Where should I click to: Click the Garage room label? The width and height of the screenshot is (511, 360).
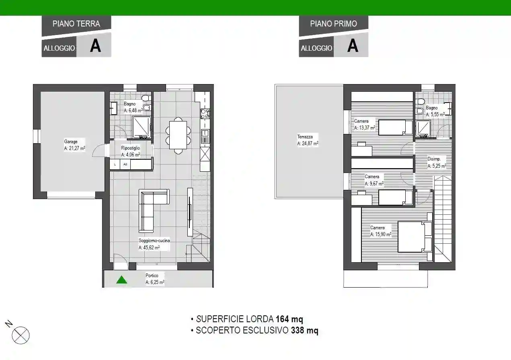point(74,145)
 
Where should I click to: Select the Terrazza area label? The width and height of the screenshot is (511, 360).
point(308,140)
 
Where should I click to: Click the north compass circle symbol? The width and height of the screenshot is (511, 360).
point(21,335)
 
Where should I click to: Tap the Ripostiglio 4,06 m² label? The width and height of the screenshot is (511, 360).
point(131,151)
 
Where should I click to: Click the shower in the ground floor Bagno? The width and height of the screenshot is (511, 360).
point(142,127)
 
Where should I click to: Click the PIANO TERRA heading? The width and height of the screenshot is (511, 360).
point(76,24)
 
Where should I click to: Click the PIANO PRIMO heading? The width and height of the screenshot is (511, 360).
point(333,24)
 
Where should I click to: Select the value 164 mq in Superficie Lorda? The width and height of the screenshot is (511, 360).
point(289,319)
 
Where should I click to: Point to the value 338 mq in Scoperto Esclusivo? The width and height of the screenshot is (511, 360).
point(304,331)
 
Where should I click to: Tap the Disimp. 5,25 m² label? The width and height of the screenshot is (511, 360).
point(436,162)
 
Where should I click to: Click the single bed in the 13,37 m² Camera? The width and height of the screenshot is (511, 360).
point(395,127)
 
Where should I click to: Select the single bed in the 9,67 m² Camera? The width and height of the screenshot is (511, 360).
point(395,197)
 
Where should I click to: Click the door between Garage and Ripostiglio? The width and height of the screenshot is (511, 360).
point(99,150)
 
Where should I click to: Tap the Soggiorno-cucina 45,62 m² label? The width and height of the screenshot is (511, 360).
point(154,244)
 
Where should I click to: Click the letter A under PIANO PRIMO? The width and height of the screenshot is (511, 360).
point(353,45)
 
